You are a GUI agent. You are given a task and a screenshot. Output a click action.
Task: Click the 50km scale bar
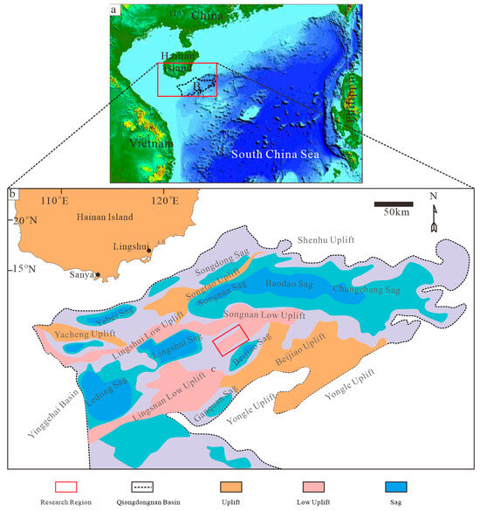[x=394, y=204]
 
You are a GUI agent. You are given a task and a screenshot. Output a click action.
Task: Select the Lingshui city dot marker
[x=149, y=251]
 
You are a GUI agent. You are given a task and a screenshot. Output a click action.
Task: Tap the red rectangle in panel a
[x=187, y=79]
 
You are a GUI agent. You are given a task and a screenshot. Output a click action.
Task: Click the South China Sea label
[x=280, y=155]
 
